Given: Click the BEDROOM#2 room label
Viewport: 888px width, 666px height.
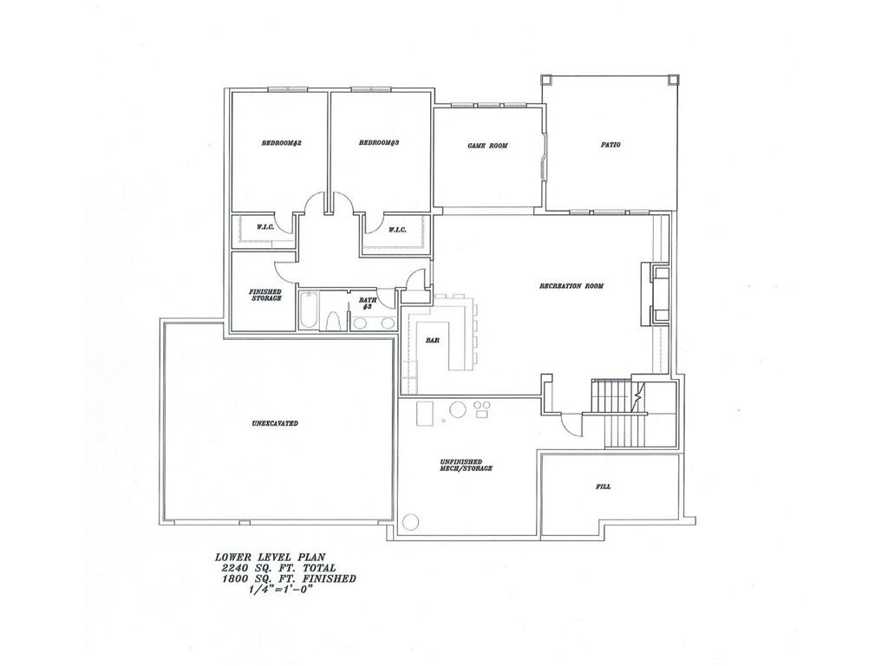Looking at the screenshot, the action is pos(281,143).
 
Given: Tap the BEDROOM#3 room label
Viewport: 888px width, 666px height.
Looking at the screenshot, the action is pos(379,143).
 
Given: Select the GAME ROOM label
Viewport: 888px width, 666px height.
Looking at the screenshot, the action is pos(487,146).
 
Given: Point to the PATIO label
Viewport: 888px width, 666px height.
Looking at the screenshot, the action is pos(610,145).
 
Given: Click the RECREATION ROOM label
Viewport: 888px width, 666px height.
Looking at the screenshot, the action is pos(571,286).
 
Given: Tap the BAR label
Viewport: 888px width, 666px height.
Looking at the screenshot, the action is pos(433,341).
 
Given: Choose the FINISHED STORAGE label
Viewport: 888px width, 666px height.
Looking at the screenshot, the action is pos(265,295).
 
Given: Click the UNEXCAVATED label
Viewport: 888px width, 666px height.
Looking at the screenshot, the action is pos(275,423).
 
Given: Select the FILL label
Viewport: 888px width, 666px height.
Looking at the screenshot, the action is pos(604,486).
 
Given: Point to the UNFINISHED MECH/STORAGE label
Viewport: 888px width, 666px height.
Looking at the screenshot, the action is pos(466,465).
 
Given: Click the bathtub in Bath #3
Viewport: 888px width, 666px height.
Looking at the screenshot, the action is pos(309,310).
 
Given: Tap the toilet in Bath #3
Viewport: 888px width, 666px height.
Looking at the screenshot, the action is pos(333,320).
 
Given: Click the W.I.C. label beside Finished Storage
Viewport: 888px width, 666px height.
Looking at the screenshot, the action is pos(265,227).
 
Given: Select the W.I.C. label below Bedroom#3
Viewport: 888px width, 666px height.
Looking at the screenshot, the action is pos(397,230).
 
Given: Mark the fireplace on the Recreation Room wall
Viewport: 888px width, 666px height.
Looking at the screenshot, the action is pos(657,294).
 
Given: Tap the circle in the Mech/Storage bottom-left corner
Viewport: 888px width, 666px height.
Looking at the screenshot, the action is pos(410,521).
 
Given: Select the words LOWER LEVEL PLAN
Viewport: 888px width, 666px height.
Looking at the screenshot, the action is pos(270,557).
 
